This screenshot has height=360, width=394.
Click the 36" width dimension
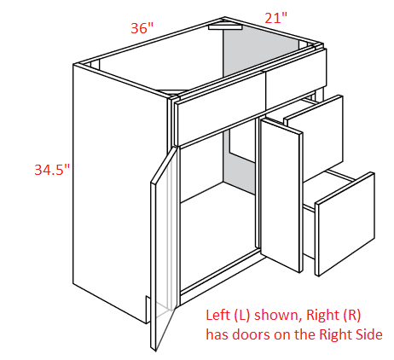point(142,28)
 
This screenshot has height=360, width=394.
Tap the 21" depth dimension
point(275,18)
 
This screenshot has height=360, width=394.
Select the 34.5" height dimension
point(52,170)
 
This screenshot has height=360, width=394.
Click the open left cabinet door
point(164,247)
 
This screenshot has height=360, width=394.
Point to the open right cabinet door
point(281,195)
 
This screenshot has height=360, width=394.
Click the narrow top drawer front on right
point(296,78)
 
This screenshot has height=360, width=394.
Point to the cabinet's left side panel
point(119,194)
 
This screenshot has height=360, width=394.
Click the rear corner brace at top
point(225,26)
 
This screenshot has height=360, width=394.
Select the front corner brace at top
point(171,91)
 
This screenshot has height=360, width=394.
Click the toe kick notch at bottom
point(148,309)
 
